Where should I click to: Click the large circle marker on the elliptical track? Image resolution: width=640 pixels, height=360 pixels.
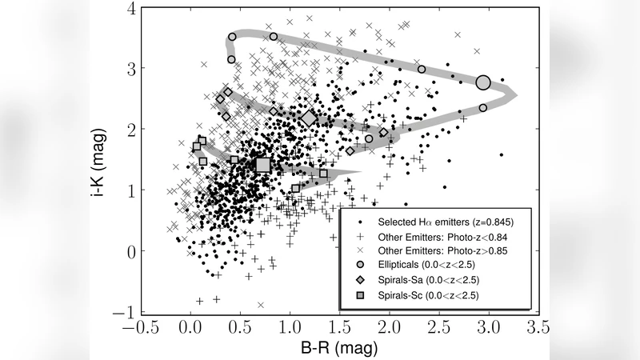[482, 82]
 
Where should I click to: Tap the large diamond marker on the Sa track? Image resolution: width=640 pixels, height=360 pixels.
[310, 118]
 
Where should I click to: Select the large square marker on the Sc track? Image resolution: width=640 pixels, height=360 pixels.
[263, 165]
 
